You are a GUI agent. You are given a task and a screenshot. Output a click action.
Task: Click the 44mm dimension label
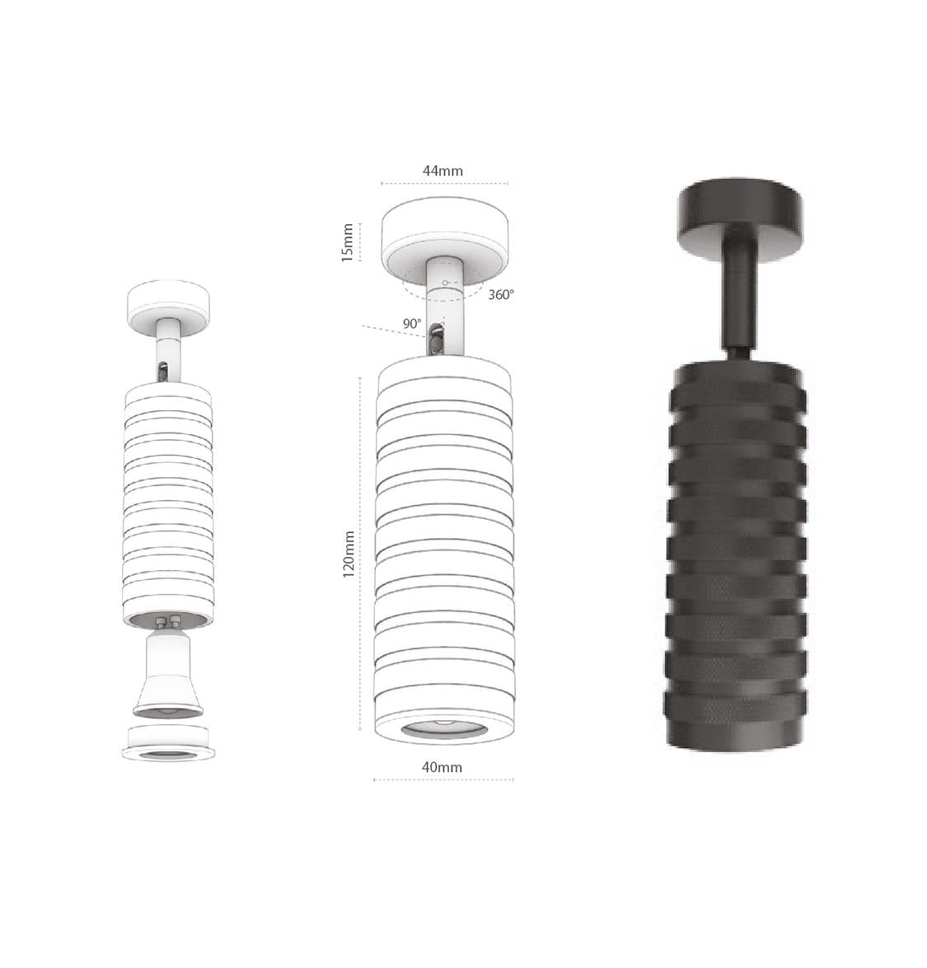(442, 171)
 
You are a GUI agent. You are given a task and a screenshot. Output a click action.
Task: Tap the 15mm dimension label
(348, 242)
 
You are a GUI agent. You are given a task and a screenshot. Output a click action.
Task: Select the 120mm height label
(349, 554)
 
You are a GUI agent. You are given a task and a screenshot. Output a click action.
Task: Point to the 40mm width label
(442, 767)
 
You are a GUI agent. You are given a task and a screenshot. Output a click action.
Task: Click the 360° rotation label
(501, 294)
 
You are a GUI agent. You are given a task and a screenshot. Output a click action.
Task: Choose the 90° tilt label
(412, 324)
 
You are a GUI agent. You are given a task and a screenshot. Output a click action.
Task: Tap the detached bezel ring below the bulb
(168, 742)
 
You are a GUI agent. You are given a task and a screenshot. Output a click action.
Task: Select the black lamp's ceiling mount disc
(741, 220)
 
